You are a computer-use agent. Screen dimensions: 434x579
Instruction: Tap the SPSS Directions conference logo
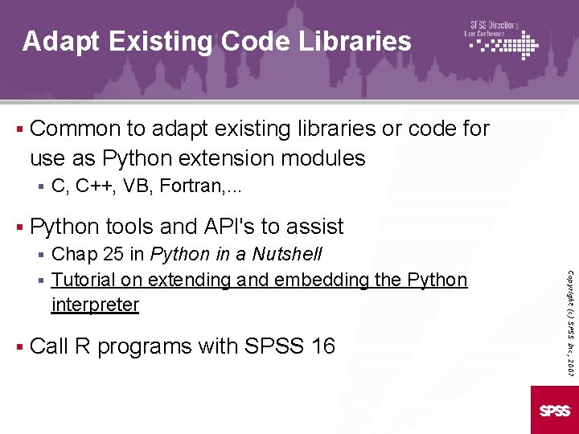point(502,39)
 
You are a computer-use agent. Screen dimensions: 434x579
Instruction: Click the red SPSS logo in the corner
point(555,411)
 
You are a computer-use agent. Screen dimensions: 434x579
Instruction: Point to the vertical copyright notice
point(569,309)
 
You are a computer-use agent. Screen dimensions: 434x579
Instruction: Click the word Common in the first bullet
point(76,129)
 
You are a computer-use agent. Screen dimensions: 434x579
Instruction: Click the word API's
point(234,227)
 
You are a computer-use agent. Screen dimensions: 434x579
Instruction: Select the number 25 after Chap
point(113,255)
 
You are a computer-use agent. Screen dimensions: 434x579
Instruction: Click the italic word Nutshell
point(287,255)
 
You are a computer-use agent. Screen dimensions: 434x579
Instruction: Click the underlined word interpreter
point(95,305)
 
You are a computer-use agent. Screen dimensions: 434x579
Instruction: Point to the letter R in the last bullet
point(82,346)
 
